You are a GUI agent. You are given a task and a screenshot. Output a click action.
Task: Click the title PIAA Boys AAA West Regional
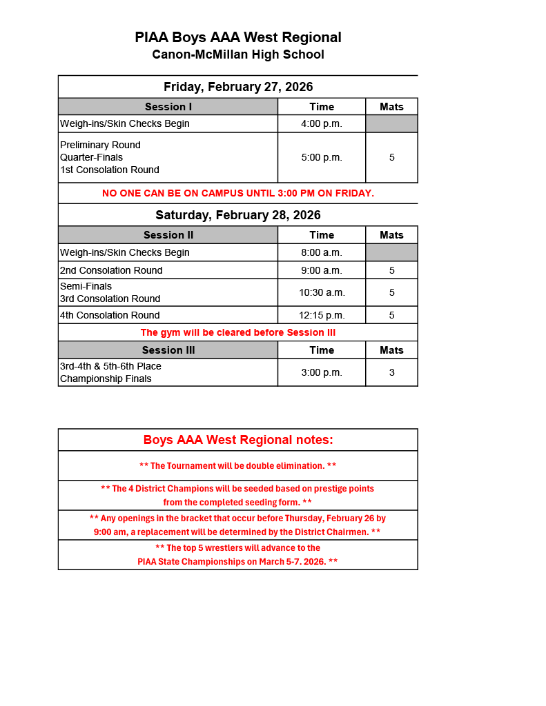coord(238,37)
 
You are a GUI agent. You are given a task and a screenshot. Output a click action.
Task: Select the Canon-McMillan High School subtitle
coord(238,54)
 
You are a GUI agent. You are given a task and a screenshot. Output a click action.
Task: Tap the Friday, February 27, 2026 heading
coord(238,87)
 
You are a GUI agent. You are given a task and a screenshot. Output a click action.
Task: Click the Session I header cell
coord(168,107)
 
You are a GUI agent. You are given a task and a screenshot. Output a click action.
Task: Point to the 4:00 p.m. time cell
coord(322,124)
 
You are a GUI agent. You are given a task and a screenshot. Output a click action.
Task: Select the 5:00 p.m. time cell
coord(322,157)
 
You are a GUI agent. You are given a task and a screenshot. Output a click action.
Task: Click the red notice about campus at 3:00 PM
coord(238,193)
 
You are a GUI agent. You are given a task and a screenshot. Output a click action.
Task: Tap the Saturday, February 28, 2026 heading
coord(238,215)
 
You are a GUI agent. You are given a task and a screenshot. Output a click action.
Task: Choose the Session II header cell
coord(168,235)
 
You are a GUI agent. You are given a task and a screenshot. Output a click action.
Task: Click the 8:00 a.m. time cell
coord(322,252)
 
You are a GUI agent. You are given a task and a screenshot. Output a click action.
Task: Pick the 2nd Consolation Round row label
coord(112,270)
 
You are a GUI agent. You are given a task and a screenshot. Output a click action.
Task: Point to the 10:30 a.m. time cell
coord(322,292)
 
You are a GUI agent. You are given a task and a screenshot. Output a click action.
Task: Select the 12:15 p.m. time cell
coord(322,315)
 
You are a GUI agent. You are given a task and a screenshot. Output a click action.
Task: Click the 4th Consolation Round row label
coord(110,315)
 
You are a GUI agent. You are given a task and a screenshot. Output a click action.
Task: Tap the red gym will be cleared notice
coord(238,332)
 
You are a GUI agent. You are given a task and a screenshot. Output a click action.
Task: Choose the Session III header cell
coord(168,350)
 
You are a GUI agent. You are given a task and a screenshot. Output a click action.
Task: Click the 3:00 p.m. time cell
coord(322,372)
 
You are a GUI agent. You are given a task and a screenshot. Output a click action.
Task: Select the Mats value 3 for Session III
coord(391,372)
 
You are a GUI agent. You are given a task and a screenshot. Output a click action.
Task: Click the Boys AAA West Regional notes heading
coord(238,440)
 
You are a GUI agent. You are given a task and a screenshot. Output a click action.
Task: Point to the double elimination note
coord(238,466)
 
